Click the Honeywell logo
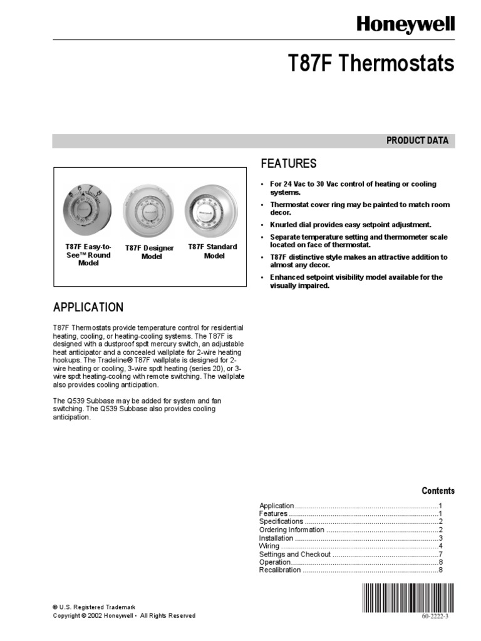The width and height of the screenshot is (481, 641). point(405,25)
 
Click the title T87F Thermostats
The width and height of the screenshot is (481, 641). point(371,64)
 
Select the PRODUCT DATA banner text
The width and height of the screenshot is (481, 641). point(417,141)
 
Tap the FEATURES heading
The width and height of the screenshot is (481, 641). point(289,164)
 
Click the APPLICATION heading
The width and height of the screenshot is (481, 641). point(88,307)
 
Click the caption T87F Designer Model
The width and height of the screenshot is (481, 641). point(149,252)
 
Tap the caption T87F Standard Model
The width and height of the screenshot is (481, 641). point(213,251)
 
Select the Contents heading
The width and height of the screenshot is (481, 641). point(438,491)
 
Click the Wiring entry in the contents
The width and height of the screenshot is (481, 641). point(270,546)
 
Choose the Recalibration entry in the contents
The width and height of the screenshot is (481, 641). point(280,570)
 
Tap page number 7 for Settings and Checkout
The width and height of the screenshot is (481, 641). point(440,554)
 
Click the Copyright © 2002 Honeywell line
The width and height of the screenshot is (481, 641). point(124,616)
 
